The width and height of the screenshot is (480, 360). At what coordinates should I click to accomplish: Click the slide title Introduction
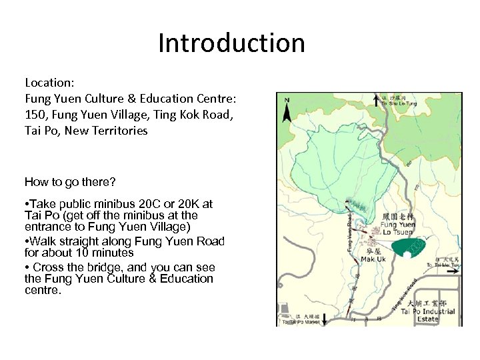231,43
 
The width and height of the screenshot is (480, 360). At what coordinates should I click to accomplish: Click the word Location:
49,83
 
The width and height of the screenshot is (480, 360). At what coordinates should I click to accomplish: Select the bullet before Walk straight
27,241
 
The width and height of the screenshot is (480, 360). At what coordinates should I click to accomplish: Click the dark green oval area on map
409,247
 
